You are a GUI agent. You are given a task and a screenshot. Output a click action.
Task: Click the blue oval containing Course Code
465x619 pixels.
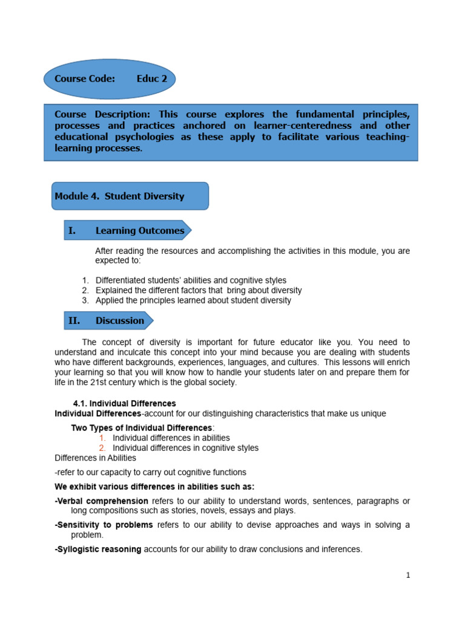109,79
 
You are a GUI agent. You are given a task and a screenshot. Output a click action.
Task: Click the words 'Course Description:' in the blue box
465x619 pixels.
102,114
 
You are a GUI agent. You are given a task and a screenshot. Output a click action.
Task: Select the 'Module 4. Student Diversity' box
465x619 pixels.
130,196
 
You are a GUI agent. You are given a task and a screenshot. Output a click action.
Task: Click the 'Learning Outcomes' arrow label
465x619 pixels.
139,230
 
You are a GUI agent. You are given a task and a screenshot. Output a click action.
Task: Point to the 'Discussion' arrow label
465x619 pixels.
120,320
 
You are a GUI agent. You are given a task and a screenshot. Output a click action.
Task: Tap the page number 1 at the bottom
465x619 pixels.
408,575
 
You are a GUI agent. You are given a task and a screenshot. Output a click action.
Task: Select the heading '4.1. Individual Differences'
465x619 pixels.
124,403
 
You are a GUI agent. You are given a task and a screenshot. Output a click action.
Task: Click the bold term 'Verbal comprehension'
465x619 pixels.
102,501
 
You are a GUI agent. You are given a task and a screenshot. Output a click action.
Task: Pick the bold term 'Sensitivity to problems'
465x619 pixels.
104,525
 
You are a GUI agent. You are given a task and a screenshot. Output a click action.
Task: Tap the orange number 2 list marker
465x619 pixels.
102,448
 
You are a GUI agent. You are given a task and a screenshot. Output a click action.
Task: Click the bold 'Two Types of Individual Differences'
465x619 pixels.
142,428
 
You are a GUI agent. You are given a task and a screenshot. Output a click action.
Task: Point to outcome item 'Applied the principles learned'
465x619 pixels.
154,300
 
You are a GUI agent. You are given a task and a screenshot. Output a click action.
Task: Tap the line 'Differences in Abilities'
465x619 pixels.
95,458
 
